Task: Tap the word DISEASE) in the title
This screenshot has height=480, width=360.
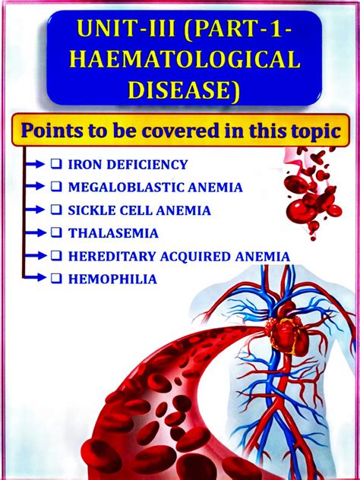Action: point(180,89)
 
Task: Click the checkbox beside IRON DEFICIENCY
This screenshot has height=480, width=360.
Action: point(57,164)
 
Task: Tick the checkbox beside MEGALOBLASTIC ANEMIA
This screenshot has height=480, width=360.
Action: point(57,187)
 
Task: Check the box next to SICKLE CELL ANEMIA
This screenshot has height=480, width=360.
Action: point(57,210)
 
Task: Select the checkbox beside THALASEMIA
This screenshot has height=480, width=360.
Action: point(57,233)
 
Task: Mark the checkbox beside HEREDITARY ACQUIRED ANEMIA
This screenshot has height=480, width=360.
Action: point(57,257)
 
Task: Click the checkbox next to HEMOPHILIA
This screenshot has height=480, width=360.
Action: point(57,279)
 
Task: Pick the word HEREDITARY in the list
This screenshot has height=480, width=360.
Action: point(106,257)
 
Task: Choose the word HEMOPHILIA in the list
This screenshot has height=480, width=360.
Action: point(112,279)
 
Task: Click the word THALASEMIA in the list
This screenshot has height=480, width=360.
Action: point(113,233)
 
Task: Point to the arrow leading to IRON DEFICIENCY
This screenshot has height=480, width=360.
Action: point(35,164)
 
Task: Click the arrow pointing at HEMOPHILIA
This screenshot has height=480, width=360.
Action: point(35,279)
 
